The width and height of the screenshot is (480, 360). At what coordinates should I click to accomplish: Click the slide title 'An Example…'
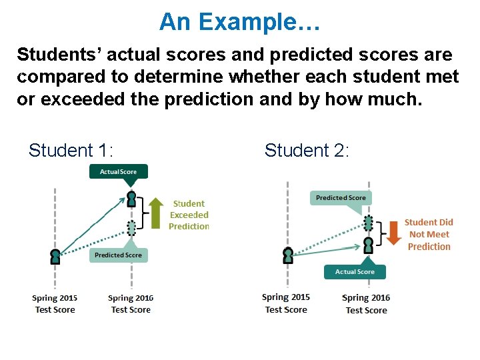[x=240, y=22]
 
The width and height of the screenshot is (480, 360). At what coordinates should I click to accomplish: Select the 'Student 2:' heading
[x=307, y=151]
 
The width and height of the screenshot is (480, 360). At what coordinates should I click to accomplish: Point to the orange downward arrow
[x=393, y=233]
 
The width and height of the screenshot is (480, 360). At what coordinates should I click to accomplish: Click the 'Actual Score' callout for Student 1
[x=118, y=172]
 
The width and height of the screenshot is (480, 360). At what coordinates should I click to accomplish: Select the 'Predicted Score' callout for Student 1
[x=118, y=255]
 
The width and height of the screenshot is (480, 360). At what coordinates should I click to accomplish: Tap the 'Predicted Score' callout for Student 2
[x=341, y=198]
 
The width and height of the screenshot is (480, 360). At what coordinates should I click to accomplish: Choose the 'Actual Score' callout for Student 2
[x=355, y=272]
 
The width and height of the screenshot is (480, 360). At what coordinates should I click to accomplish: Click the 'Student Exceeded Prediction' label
[x=189, y=215]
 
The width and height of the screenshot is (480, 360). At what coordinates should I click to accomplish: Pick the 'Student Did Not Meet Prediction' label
[x=429, y=234]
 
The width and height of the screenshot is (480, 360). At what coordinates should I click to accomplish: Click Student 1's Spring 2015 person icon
[x=55, y=256]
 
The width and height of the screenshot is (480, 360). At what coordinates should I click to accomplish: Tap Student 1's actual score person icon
[x=131, y=199]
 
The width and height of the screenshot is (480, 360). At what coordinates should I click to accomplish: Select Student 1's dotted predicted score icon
[x=131, y=228]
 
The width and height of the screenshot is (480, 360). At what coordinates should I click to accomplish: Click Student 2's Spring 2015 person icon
[x=287, y=255]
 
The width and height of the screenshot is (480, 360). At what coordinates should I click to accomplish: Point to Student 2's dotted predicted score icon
[x=368, y=223]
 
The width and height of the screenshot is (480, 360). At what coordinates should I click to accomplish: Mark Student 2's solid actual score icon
[x=368, y=245]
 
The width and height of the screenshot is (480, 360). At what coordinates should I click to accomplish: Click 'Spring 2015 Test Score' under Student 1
[x=55, y=304]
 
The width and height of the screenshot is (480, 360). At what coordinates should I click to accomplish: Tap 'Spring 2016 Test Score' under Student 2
[x=366, y=304]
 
